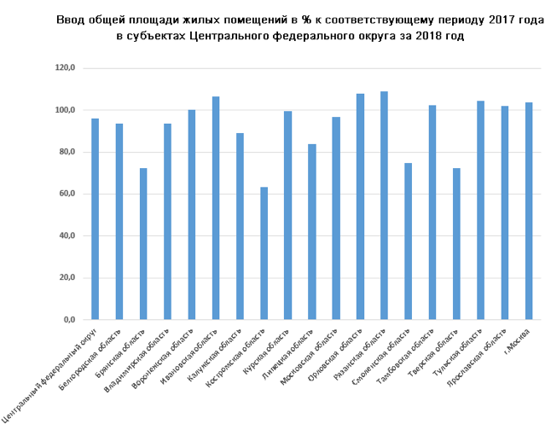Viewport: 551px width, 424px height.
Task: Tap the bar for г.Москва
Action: pos(529,211)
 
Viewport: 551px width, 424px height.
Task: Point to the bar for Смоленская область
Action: pos(408,241)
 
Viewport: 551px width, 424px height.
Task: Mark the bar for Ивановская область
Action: pos(216,208)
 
